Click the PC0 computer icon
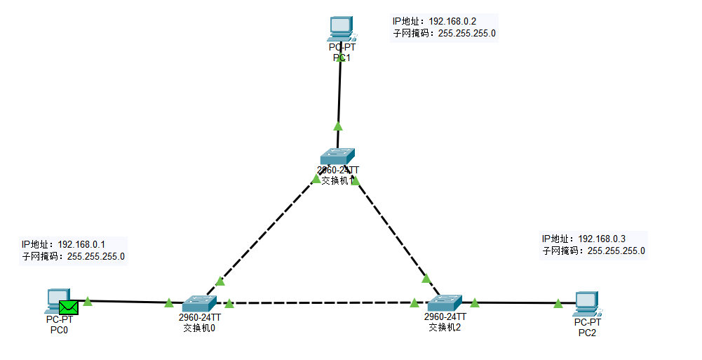56,300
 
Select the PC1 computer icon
341,29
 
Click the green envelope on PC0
69,307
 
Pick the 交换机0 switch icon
201,303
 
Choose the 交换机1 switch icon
338,156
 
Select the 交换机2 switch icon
444,303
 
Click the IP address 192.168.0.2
457,21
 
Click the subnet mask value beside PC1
467,33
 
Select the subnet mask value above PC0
96,256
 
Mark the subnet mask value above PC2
616,251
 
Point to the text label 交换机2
445,327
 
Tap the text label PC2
587,333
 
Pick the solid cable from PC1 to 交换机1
339,91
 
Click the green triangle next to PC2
558,304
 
